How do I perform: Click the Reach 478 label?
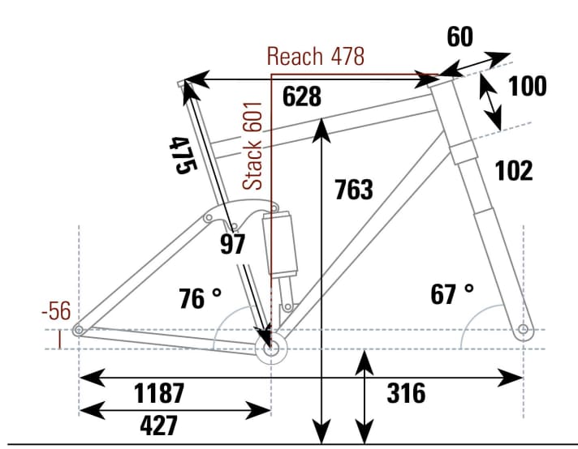tap(316, 57)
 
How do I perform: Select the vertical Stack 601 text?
tap(254, 147)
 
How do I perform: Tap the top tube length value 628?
tap(302, 96)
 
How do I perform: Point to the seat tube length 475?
tap(183, 155)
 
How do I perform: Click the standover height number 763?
tap(354, 190)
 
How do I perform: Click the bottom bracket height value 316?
tap(406, 394)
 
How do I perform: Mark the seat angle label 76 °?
tap(199, 299)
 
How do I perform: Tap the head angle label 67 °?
tap(452, 294)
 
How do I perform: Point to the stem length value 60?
tap(460, 37)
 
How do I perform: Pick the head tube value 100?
tap(527, 86)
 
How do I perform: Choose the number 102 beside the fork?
tap(513, 171)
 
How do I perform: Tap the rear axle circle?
tap(79, 330)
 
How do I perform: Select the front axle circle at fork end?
tap(524, 330)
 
